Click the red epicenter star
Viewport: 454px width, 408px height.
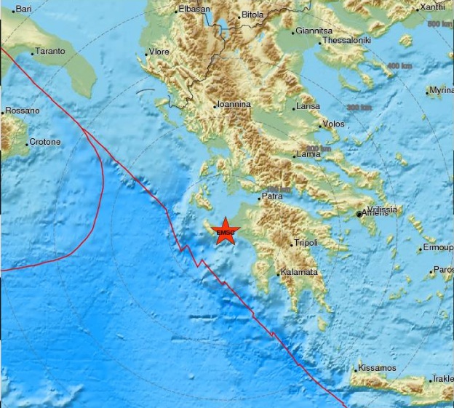coord(226,231)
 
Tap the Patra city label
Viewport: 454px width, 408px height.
coord(272,196)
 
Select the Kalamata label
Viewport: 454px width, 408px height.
coord(300,272)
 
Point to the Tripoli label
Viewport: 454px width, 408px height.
coord(306,242)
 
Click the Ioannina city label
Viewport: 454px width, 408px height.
coord(234,105)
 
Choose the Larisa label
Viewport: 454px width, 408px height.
coord(308,107)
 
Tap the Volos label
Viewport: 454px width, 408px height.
coord(332,124)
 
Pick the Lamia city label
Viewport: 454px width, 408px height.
coord(308,154)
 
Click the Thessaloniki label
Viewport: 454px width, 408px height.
coord(346,41)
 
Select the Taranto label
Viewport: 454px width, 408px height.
coord(50,52)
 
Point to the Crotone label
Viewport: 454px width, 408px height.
coord(44,142)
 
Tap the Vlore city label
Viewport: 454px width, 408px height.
coord(159,52)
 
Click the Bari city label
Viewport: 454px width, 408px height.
coord(24,8)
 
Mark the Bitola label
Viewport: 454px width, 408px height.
coord(253,14)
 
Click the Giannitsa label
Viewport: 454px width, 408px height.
coord(314,31)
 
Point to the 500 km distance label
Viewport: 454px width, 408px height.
coord(440,25)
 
